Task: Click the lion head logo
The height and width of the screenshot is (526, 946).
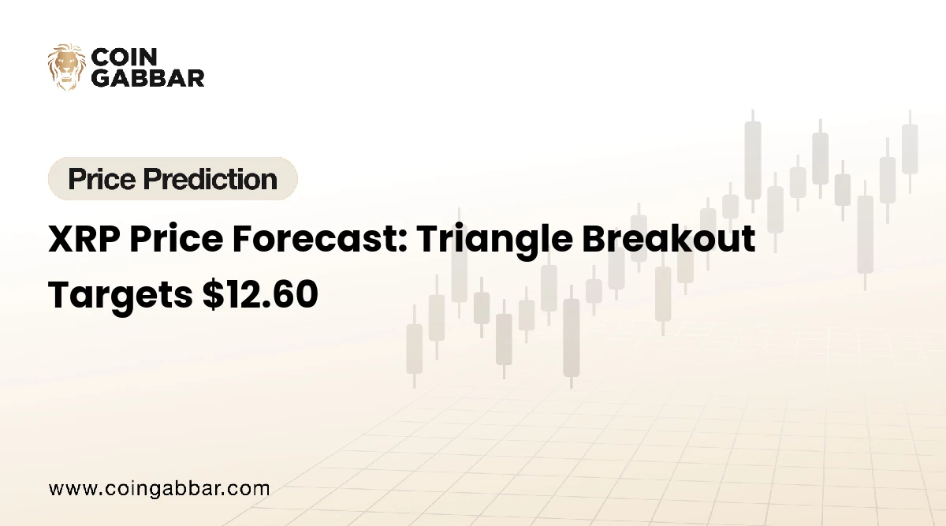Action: (66, 66)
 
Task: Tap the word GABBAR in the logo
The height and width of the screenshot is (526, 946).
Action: (148, 76)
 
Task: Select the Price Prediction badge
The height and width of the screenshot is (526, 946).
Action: (173, 179)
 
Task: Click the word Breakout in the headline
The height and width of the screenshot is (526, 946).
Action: (669, 240)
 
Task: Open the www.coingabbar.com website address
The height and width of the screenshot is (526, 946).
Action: (159, 488)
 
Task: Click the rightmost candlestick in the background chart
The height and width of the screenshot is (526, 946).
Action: (910, 149)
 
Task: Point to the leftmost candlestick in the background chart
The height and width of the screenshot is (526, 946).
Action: (414, 348)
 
